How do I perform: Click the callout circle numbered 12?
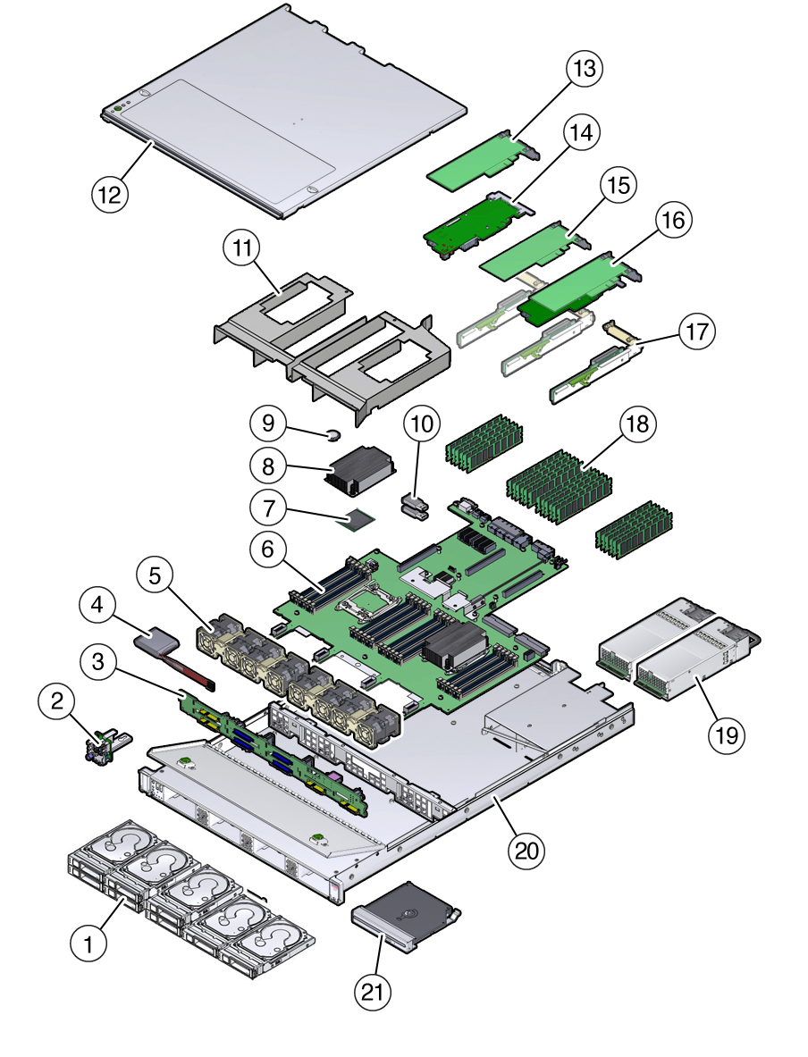point(110,193)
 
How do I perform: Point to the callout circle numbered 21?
point(375,990)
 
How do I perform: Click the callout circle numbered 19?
point(727,734)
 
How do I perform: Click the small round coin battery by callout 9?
point(332,436)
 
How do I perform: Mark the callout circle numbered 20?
point(526,850)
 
